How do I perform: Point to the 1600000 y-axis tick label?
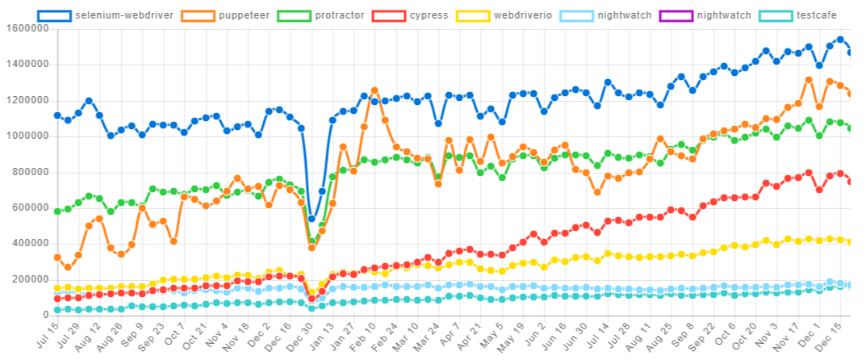point(27,28)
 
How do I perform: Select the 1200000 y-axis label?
point(27,100)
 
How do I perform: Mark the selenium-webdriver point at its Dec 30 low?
point(312,219)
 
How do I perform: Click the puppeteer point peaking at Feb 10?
point(374,90)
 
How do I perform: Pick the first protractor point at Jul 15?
point(57,211)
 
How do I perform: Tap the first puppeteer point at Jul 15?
point(57,257)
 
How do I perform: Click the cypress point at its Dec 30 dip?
point(312,299)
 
